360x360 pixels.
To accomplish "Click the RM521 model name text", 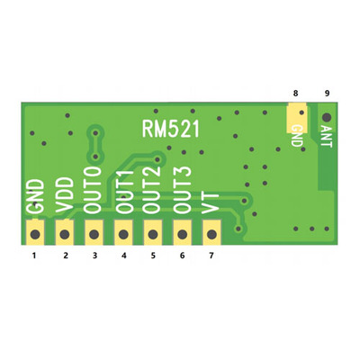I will [x=171, y=128].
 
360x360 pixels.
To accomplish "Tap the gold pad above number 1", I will [x=36, y=236].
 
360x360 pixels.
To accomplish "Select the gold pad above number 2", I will [x=65, y=236].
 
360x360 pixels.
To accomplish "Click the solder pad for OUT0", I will [x=94, y=236].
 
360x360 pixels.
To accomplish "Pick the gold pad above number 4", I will [x=123, y=236].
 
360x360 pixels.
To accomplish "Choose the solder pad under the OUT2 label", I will [x=152, y=236].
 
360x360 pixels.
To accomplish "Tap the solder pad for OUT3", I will [x=182, y=236].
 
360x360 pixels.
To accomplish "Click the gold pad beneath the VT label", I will [x=211, y=236].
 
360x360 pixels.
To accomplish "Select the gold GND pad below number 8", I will [x=295, y=114].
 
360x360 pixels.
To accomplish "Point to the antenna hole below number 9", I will [x=326, y=117].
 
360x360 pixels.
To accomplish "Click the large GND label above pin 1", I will [x=36, y=199].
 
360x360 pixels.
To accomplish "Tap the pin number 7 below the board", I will [x=211, y=256].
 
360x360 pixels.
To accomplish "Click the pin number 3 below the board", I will [x=94, y=256].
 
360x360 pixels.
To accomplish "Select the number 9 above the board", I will [x=326, y=93].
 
